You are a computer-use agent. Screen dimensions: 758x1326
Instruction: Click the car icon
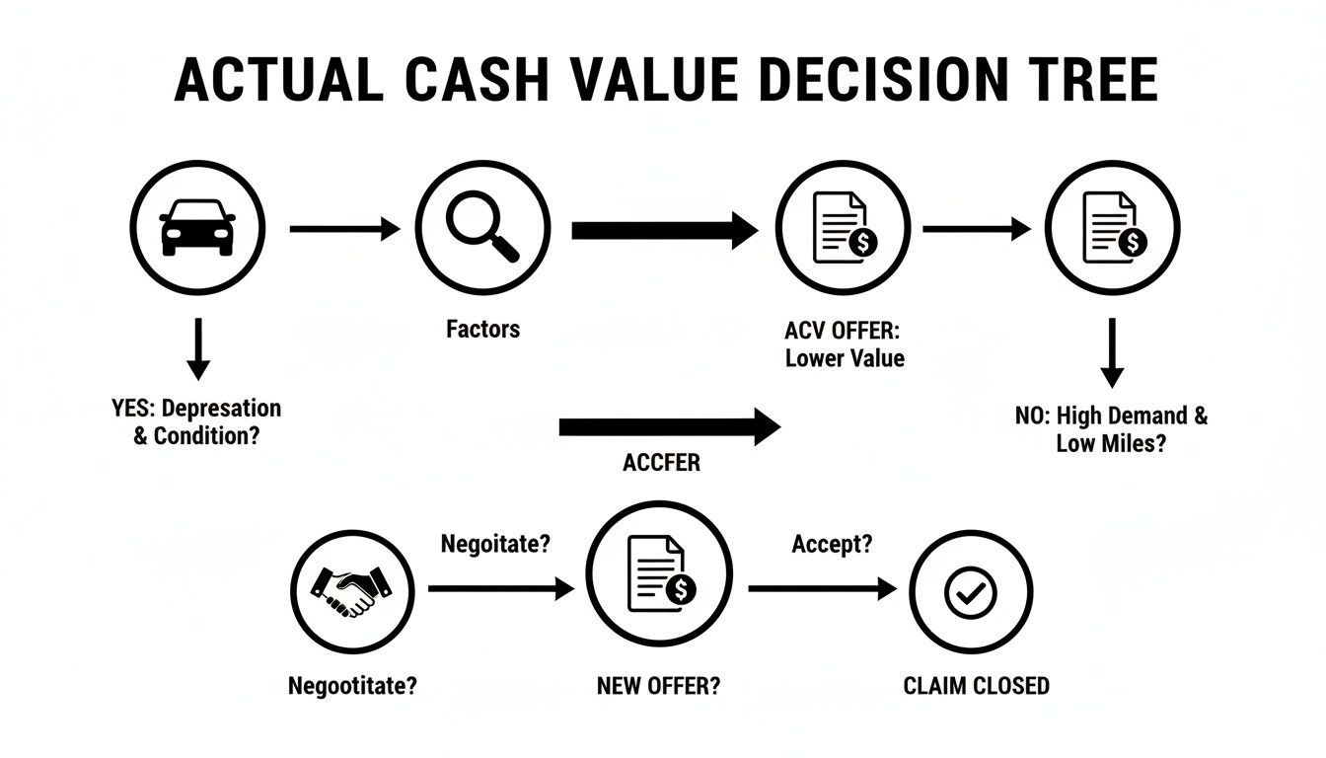[197, 228]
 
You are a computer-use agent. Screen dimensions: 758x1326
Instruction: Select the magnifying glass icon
[481, 228]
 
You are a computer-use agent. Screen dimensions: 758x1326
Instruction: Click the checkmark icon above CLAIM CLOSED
[971, 592]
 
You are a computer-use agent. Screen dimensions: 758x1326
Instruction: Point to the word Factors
[482, 329]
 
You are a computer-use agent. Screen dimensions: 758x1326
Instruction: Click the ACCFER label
[661, 463]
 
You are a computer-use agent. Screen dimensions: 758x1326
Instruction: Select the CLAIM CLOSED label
[976, 685]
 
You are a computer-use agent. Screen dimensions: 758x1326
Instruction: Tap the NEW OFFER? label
[658, 685]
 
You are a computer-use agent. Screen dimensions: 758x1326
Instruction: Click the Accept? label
[832, 544]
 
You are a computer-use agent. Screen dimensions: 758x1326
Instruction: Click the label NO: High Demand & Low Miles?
[1111, 428]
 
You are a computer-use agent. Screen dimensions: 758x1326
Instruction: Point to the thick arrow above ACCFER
[669, 427]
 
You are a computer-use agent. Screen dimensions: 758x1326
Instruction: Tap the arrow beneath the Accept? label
[822, 589]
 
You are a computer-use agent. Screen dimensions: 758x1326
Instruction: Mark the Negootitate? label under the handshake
[352, 685]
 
